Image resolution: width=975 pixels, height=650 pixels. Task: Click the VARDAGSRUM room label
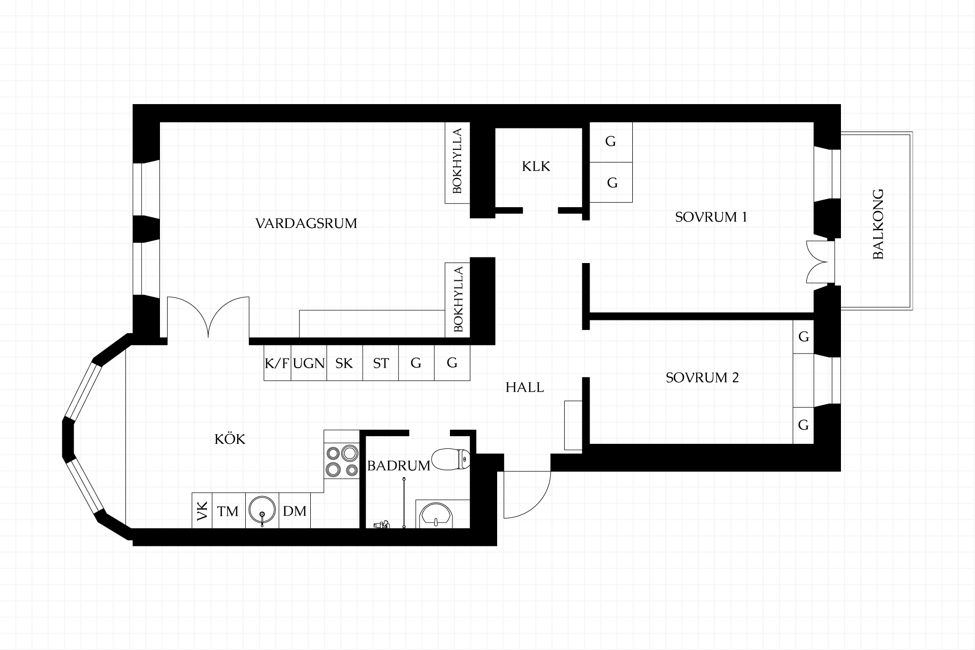coord(306,223)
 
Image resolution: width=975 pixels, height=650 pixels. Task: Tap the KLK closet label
coord(536,167)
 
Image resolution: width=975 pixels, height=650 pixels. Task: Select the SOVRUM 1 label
coord(711,217)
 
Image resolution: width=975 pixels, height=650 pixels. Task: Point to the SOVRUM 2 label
coord(702,378)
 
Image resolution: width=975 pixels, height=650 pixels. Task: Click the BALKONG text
coord(878,224)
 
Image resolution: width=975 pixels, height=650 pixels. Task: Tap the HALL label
coord(525,387)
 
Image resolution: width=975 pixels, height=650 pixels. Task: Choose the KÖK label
coord(230,439)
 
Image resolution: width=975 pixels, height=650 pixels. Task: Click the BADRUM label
coord(399,466)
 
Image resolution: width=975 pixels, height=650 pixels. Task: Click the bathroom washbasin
coord(436,514)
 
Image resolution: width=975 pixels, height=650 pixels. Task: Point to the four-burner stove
coord(341,461)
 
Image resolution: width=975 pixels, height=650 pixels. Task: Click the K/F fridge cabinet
coord(277,363)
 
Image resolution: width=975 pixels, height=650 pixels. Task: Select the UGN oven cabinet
coord(309,363)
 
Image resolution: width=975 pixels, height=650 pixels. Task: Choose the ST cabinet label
coord(381,364)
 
